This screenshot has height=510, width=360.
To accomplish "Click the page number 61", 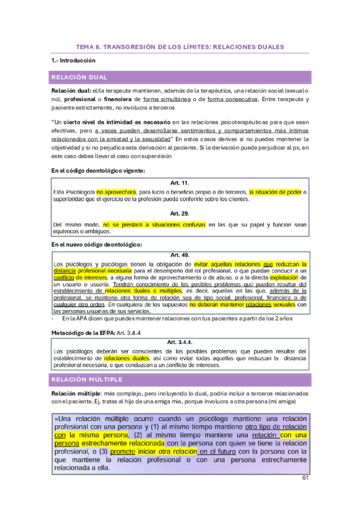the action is tap(305, 478).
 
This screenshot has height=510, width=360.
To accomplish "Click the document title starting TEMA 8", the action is tap(180, 46).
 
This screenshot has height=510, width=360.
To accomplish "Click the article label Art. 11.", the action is tap(180, 182).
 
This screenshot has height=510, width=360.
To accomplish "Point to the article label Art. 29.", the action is tap(180, 214).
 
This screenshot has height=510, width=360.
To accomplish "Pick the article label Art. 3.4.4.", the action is tap(180, 342).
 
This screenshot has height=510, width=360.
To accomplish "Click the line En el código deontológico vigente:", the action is tap(97, 171).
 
